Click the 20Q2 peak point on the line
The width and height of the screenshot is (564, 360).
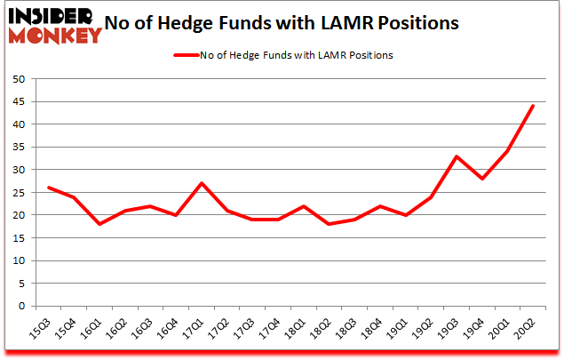click(532, 106)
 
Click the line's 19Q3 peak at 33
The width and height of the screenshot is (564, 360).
click(456, 156)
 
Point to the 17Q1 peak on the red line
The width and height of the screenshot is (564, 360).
click(201, 183)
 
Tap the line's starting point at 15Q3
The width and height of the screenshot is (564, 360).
click(48, 188)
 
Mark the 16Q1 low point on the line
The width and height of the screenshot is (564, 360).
click(99, 224)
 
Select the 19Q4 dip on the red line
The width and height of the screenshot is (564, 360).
click(481, 179)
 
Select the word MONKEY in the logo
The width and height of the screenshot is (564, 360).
click(55, 36)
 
